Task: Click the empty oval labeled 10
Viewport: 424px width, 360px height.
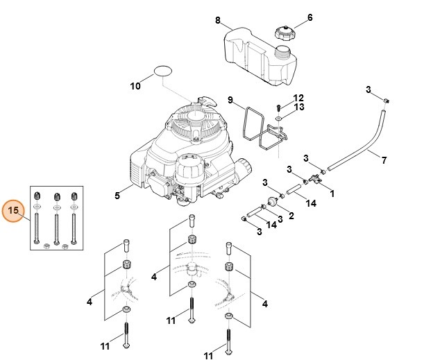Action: point(163,71)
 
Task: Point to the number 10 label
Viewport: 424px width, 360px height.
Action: point(135,86)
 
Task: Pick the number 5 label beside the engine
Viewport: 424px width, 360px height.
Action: point(117,196)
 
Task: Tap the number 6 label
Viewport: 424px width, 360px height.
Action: point(309,17)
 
